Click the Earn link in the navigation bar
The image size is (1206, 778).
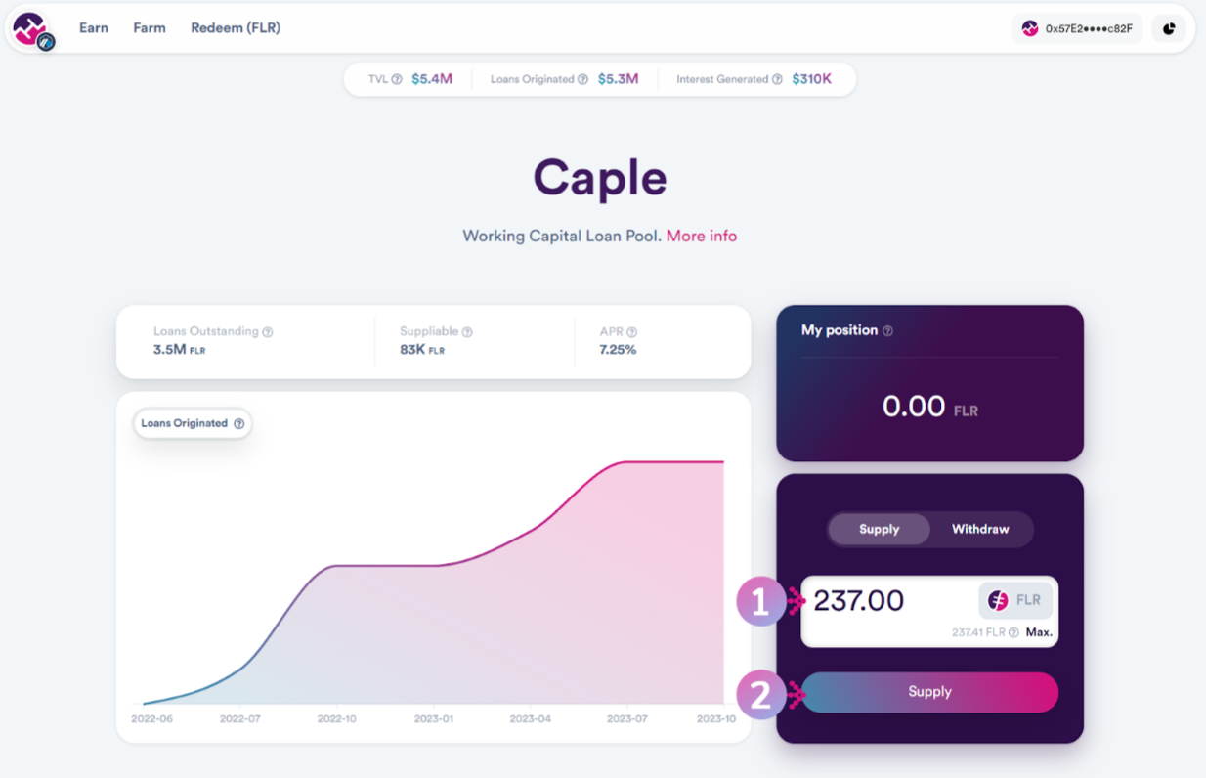click(x=94, y=28)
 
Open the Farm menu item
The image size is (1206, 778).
click(x=150, y=28)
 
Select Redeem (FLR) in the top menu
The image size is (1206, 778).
click(x=236, y=28)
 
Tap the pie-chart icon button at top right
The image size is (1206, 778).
click(x=1169, y=29)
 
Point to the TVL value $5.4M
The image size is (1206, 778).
click(x=432, y=79)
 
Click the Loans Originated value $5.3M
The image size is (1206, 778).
click(x=618, y=79)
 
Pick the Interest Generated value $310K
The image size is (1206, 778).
click(x=811, y=79)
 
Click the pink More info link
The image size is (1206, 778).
click(x=702, y=236)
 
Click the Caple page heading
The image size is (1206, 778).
click(x=600, y=178)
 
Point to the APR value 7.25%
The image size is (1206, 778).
click(x=618, y=349)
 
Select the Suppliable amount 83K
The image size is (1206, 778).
click(x=414, y=349)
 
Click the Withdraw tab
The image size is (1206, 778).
click(x=979, y=529)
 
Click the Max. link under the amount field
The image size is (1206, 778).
click(x=1039, y=632)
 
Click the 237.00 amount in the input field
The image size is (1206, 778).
click(x=859, y=600)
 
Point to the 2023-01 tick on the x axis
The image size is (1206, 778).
click(x=434, y=718)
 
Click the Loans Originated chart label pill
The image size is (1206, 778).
click(x=192, y=423)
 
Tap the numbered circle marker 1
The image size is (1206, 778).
click(x=760, y=601)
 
